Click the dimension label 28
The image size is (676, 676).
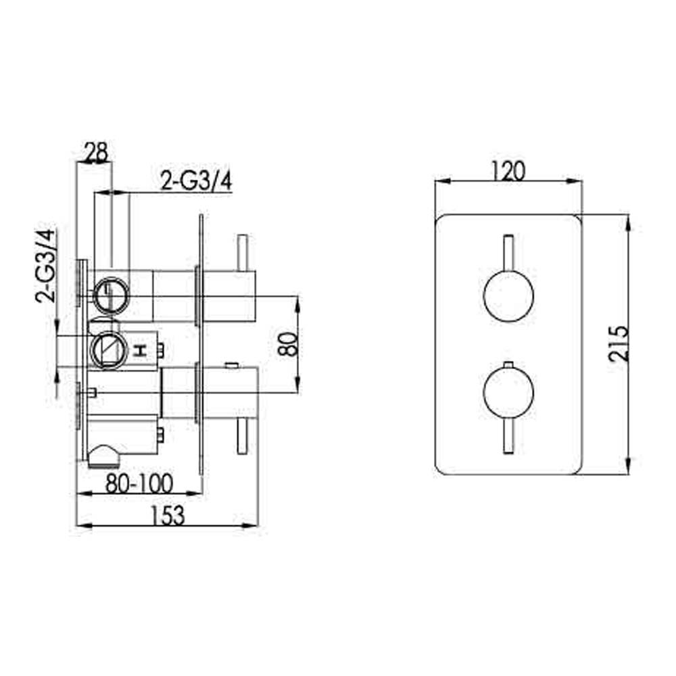tap(95, 153)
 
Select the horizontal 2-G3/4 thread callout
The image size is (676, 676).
tap(197, 182)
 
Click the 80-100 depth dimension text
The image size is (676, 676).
tap(139, 483)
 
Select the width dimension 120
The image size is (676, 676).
tap(508, 172)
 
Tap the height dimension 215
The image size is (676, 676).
tap(619, 345)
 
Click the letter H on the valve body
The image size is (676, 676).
tap(141, 350)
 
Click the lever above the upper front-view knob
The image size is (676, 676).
tap(508, 254)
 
